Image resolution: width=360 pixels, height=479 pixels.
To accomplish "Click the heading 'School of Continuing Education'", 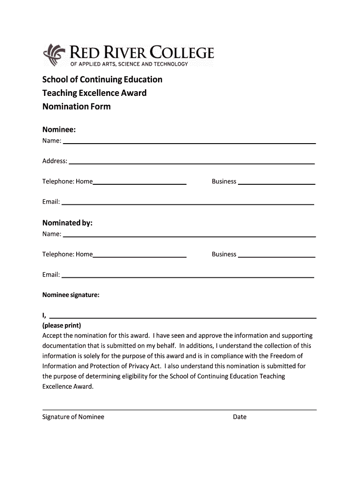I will coord(102,80).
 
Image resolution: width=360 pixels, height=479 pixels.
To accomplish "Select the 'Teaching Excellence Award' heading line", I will coord(94,93).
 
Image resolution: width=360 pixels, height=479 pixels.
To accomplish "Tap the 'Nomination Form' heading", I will coord(77,107).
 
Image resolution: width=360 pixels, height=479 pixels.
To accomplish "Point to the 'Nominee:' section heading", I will coord(59,129).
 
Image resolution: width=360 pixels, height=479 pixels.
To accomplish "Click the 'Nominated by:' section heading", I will coord(67,223).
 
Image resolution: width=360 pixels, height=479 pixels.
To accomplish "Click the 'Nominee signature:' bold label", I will coord(71,295).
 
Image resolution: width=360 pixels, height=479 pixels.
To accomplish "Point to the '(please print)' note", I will coord(62,326).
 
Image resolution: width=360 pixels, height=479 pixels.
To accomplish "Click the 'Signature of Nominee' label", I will coord(73,417).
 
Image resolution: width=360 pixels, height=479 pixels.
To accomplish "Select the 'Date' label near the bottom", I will coord(240,417).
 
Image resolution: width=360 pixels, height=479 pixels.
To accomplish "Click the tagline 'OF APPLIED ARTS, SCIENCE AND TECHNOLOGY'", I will coord(129,64).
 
